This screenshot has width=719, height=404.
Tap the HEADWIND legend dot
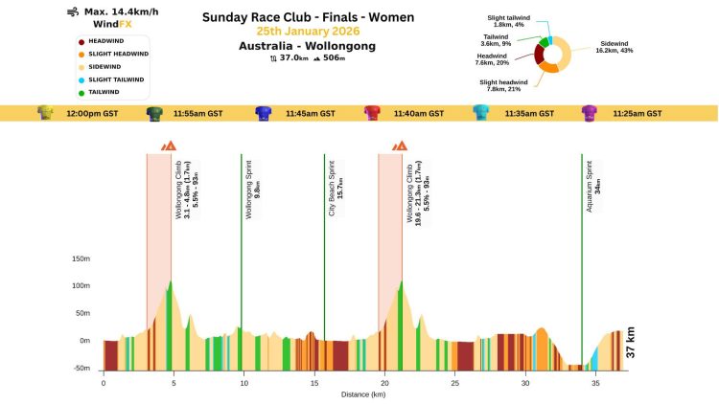point(81,41)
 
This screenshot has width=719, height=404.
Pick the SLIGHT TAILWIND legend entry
point(116,79)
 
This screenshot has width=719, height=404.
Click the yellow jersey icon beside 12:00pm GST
point(44,113)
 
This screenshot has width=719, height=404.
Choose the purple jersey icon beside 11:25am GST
point(591,113)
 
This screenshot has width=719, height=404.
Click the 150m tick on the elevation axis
point(81,258)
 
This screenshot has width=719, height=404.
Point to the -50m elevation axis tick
point(81,368)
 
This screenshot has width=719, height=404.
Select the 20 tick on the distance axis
point(384,383)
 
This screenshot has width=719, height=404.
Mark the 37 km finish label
point(631,343)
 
